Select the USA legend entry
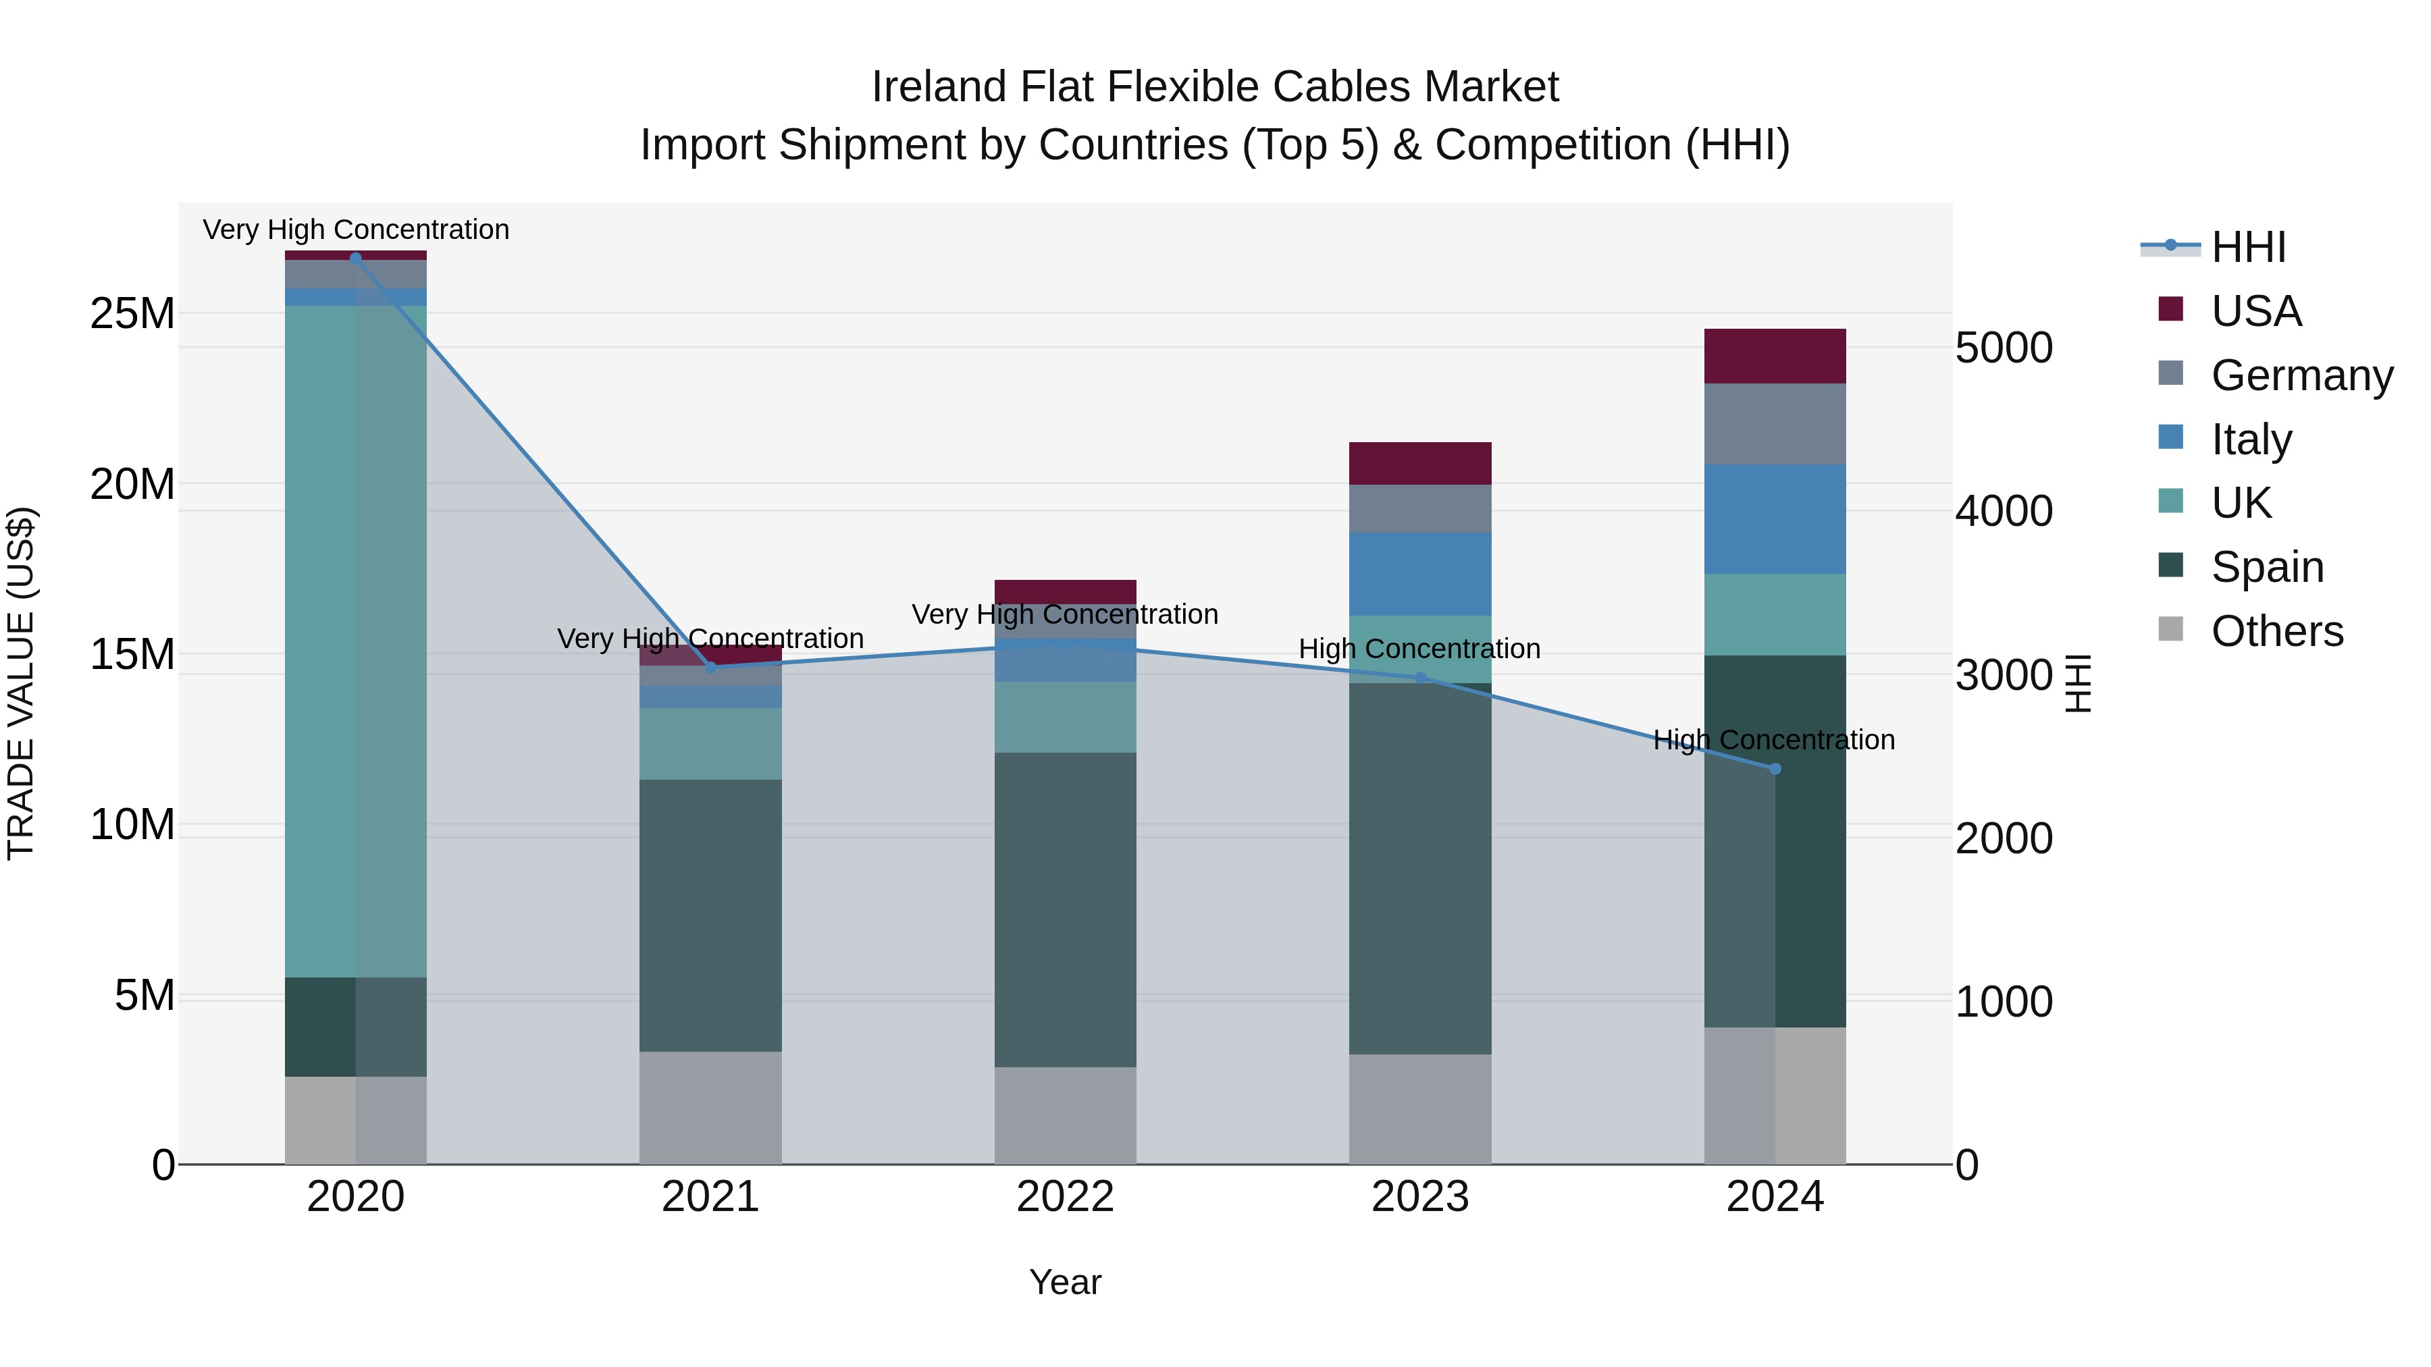(2255, 311)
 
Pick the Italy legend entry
(2251, 439)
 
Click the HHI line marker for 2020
(356, 258)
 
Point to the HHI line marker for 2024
(1775, 769)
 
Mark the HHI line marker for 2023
(1420, 677)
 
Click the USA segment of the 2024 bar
(1775, 356)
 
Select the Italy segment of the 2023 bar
(1420, 574)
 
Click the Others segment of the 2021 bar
(710, 1108)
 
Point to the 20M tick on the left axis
(132, 484)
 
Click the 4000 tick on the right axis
(2004, 511)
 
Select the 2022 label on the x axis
(1066, 1197)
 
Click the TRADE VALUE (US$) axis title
(21, 683)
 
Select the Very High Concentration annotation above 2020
(356, 230)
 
